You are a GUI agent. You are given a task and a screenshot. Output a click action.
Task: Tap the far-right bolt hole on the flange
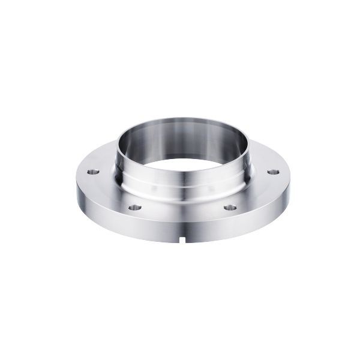tap(273, 172)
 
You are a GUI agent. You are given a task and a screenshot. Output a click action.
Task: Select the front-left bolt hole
tap(135, 208)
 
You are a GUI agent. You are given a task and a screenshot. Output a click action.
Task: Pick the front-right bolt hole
tap(230, 208)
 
